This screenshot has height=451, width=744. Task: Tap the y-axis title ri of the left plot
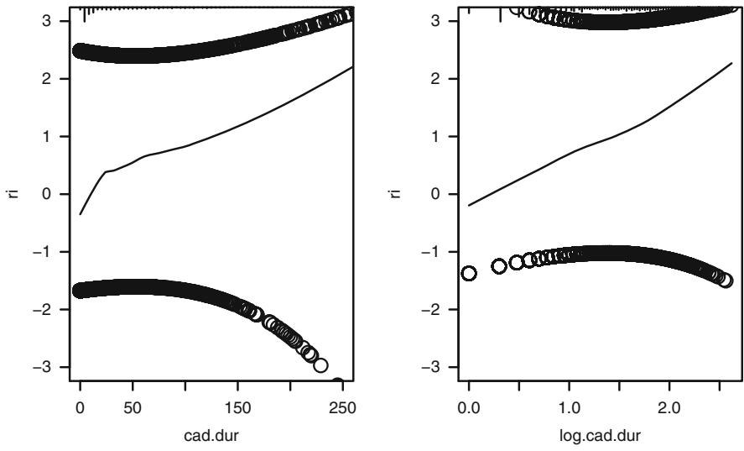[x=12, y=193]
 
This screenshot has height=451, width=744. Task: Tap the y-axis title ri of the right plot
[x=400, y=193]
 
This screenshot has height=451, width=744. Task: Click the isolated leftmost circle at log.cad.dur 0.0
[x=469, y=273]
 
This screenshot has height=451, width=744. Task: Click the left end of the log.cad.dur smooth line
[x=469, y=205]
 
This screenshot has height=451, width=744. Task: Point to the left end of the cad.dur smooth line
[x=81, y=214]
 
